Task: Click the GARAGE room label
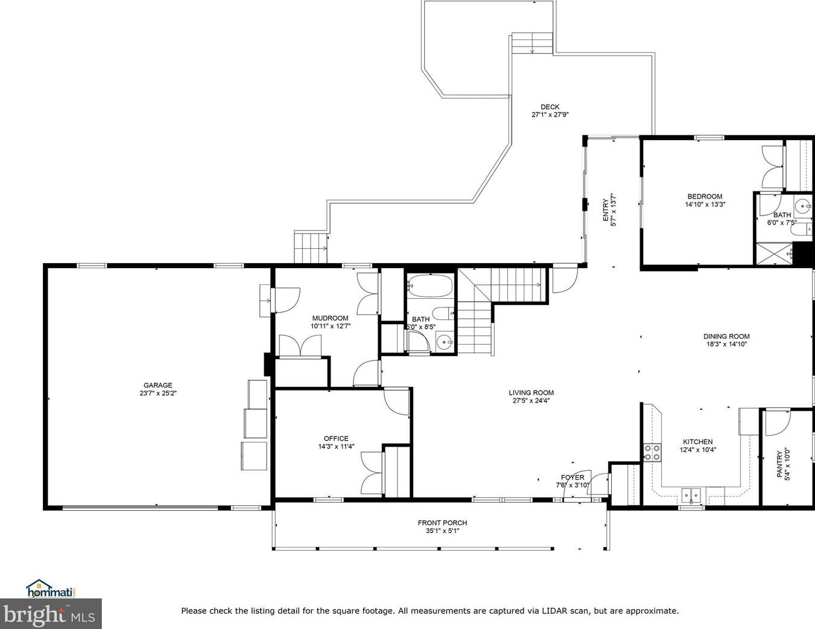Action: pyautogui.click(x=158, y=385)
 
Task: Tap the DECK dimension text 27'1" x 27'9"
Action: pyautogui.click(x=550, y=115)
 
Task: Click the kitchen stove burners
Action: pyautogui.click(x=652, y=452)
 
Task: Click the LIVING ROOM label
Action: pyautogui.click(x=531, y=392)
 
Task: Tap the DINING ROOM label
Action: pyautogui.click(x=726, y=336)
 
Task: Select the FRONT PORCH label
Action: pyautogui.click(x=443, y=523)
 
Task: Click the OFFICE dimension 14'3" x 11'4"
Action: pyautogui.click(x=336, y=447)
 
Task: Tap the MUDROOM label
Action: pyautogui.click(x=330, y=318)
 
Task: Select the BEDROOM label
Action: pyautogui.click(x=705, y=196)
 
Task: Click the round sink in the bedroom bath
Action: pyautogui.click(x=802, y=206)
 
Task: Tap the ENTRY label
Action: pyautogui.click(x=605, y=210)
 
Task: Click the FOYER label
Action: pyautogui.click(x=572, y=477)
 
